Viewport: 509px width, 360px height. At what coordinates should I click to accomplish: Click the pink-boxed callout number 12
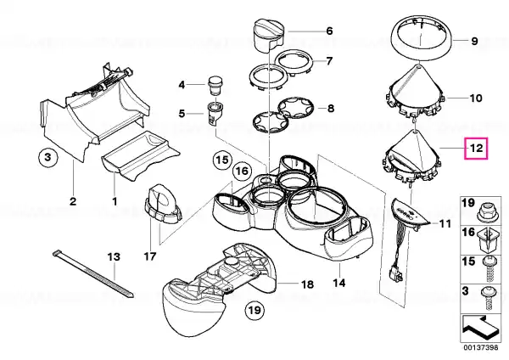click(x=476, y=148)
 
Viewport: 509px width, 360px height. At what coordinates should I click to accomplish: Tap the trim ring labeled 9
click(x=421, y=39)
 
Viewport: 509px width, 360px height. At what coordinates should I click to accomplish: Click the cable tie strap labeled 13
click(x=92, y=273)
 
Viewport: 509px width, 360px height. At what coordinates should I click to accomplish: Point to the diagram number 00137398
click(x=480, y=347)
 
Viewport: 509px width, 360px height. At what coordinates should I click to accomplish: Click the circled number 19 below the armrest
click(x=255, y=310)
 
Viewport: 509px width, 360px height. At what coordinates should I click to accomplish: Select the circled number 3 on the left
click(x=48, y=158)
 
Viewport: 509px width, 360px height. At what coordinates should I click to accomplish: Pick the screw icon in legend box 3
click(x=487, y=298)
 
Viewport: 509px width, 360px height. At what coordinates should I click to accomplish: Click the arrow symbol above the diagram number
click(x=480, y=328)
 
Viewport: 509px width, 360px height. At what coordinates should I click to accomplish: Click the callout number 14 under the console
click(x=339, y=283)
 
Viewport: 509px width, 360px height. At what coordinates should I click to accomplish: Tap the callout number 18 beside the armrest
click(x=308, y=284)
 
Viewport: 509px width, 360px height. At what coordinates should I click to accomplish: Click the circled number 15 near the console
click(x=222, y=160)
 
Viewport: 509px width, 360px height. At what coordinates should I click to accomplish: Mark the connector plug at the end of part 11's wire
click(x=396, y=273)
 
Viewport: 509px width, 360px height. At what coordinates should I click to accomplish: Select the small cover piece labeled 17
click(x=161, y=204)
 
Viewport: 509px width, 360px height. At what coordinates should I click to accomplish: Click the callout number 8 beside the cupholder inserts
click(x=331, y=108)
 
